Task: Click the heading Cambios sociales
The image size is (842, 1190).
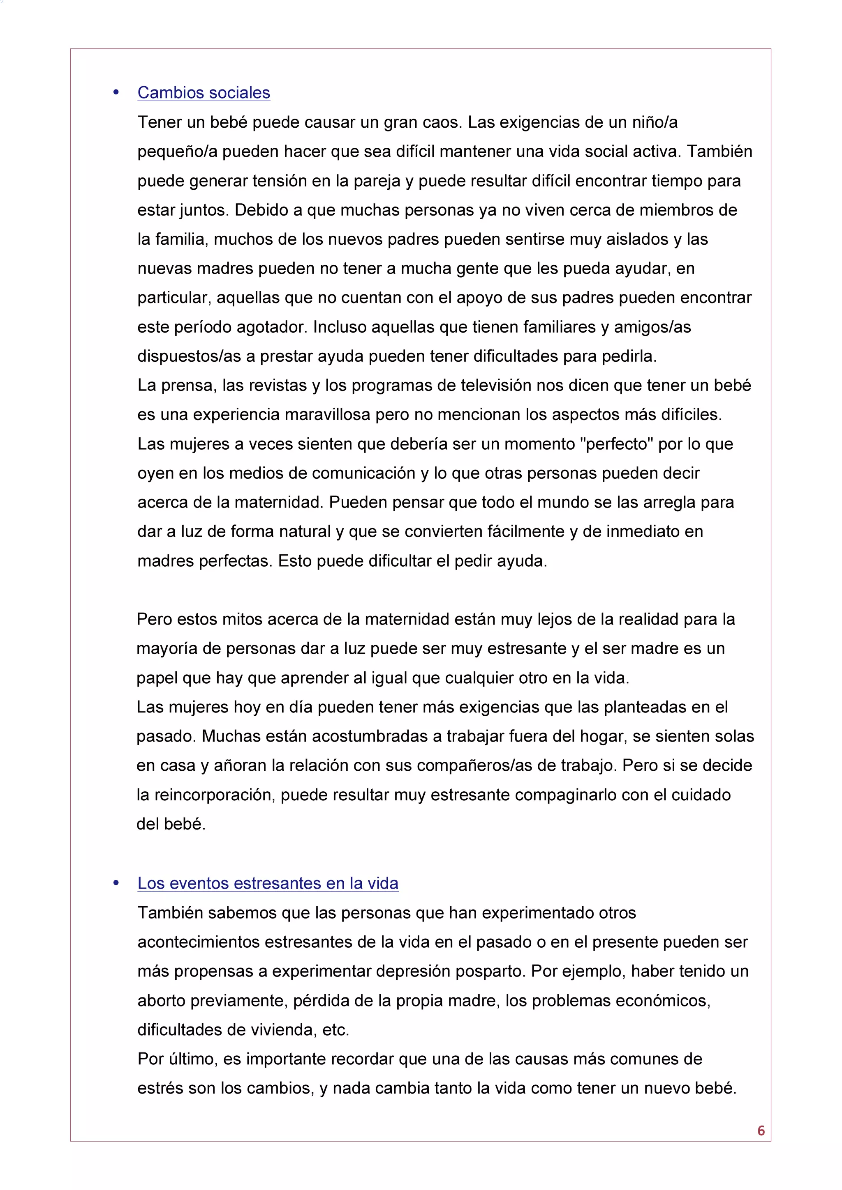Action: (x=204, y=93)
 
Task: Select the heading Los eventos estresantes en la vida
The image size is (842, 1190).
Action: (x=268, y=883)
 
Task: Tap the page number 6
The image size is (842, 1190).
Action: (x=761, y=1130)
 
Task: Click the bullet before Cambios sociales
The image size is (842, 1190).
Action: (x=116, y=93)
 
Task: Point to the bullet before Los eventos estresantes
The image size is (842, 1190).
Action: (x=116, y=883)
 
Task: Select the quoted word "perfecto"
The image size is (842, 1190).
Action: (x=616, y=444)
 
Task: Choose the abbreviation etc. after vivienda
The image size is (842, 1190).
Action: (x=335, y=1030)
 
